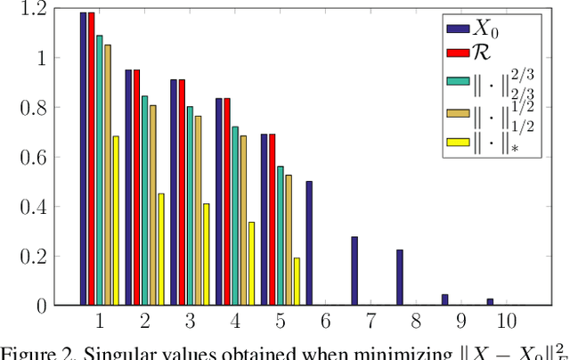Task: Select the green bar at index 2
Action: click(145, 200)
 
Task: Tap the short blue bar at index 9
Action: click(445, 299)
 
